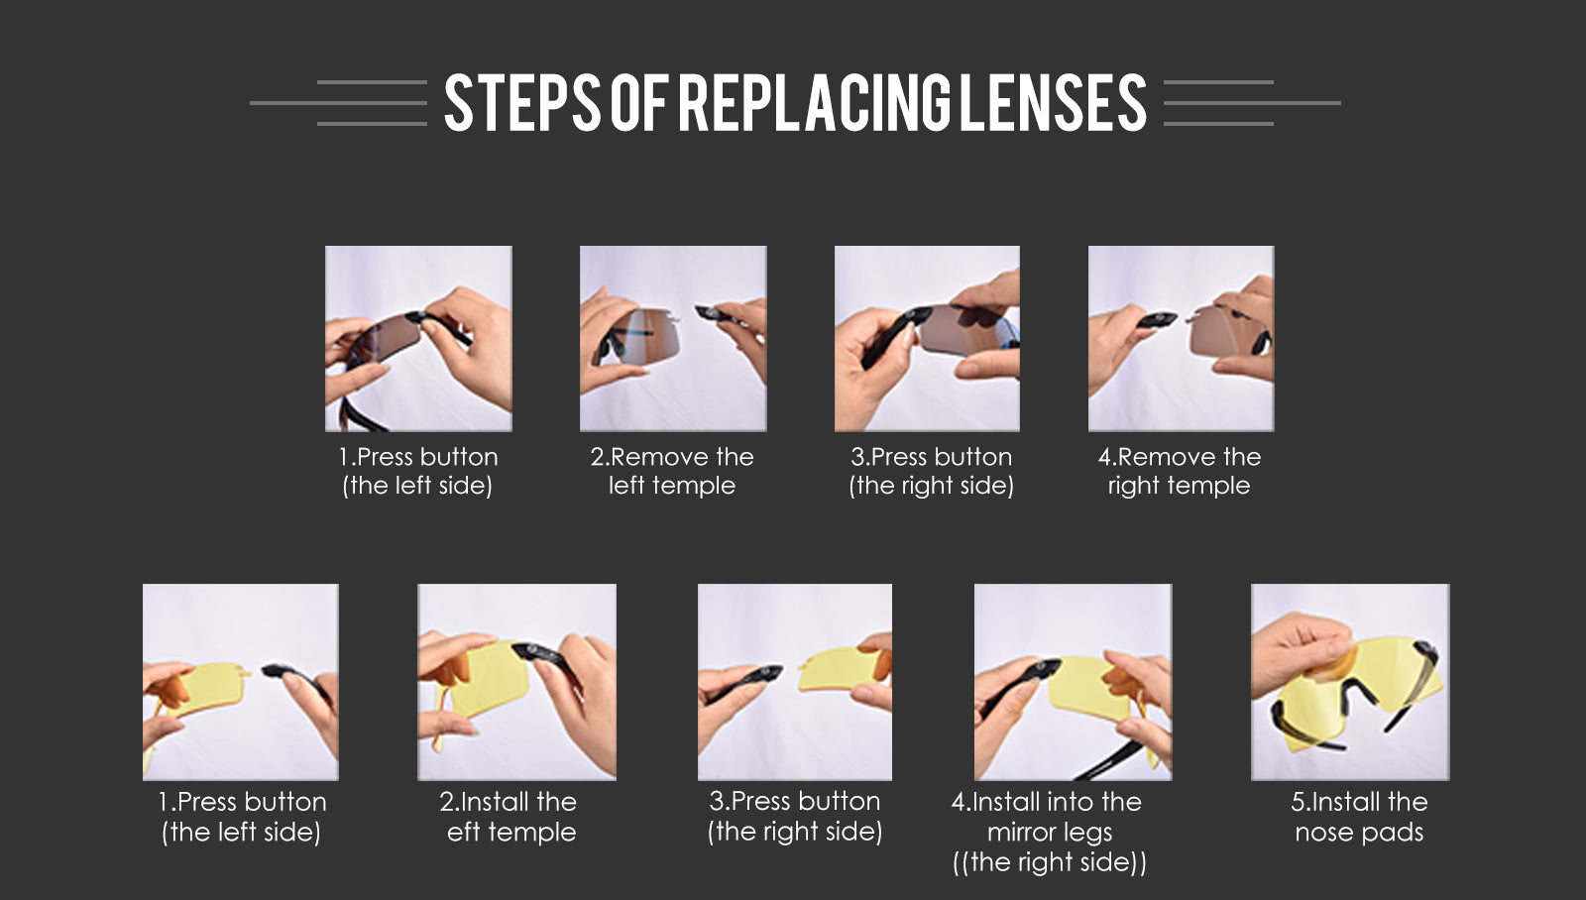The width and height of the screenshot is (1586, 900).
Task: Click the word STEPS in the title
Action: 522,103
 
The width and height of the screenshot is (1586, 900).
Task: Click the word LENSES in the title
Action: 1053,103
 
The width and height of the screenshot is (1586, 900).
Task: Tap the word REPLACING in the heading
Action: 814,103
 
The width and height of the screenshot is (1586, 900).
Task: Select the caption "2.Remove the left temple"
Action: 672,471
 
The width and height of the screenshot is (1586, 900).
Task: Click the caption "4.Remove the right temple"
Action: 1180,471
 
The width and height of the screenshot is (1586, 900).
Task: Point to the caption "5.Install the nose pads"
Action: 1359,817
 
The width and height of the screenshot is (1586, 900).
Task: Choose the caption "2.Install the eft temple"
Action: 509,817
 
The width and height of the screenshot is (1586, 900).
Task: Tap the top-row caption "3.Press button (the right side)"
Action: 931,471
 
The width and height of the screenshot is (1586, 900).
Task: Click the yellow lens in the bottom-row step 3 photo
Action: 839,669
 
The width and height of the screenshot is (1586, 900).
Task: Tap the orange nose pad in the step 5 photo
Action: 1331,666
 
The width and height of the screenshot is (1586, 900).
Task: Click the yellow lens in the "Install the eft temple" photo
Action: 489,680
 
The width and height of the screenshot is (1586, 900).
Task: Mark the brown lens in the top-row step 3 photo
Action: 966,330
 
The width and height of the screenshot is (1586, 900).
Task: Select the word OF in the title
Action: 639,103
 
